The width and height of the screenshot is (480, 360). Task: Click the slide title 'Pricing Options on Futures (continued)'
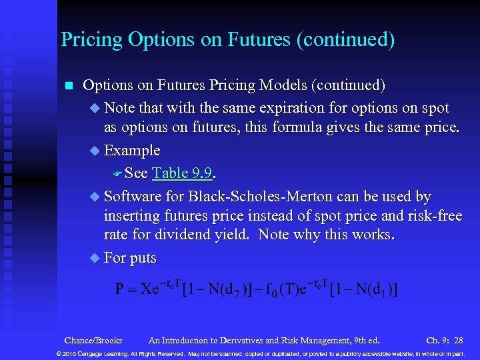pos(227,39)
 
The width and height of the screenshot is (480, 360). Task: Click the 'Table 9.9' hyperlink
pos(182,173)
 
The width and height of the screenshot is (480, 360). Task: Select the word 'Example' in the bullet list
pos(132,151)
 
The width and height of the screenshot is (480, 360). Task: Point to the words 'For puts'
pos(130,258)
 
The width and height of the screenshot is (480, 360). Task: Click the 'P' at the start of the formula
pos(119,289)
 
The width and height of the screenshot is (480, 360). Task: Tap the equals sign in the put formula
pos(133,289)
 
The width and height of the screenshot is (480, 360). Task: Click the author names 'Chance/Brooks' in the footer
pos(93,340)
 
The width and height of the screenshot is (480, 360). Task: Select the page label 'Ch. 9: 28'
pos(445,340)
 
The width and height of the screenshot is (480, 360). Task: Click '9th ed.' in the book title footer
pos(365,340)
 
